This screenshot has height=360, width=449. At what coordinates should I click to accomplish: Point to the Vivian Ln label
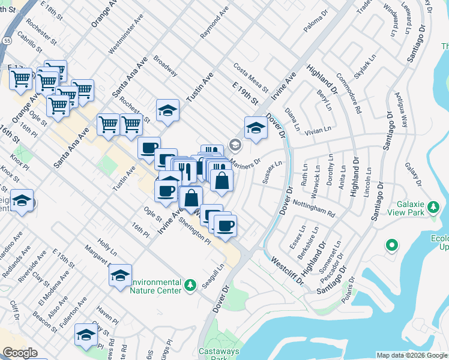[319, 129]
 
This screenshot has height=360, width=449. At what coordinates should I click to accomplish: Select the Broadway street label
[166, 67]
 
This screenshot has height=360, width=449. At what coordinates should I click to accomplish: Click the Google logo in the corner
[20, 353]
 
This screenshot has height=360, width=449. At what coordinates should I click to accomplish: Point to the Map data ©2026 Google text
[411, 355]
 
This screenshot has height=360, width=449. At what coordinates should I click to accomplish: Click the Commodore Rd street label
[349, 92]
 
